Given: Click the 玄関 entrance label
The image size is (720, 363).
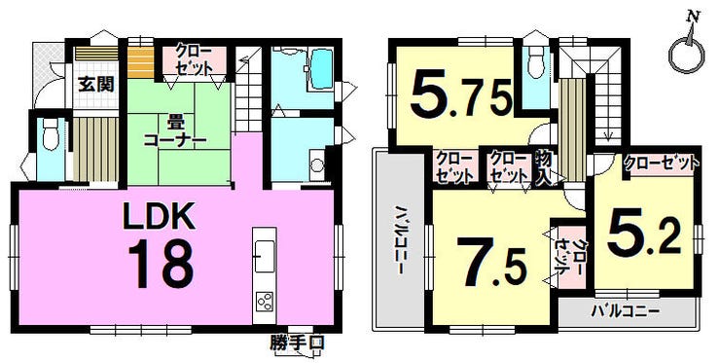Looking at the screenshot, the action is tap(95, 85).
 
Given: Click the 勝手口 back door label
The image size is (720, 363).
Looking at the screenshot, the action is tap(297, 344).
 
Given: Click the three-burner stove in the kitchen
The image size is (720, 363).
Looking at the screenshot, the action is tap(265, 302).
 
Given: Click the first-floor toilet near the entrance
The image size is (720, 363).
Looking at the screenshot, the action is tap(49, 132).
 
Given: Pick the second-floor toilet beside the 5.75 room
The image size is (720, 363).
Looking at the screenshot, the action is tap(536, 62).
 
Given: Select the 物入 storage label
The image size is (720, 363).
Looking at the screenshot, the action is tap(544, 168).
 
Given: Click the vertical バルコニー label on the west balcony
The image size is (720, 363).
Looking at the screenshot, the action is tap(401, 240).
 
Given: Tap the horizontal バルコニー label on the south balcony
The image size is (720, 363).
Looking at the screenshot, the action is tap(625, 311).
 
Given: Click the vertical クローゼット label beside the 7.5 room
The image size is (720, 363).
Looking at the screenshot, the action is tap(569, 257).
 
